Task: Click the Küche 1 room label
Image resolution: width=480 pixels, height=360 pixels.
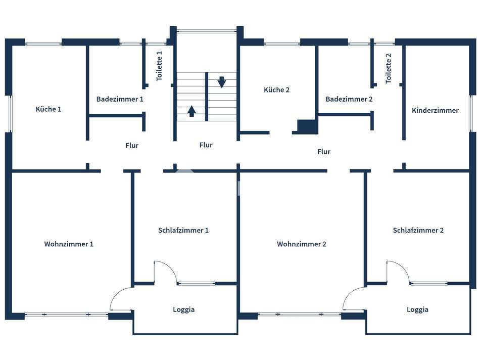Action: [x=49, y=109]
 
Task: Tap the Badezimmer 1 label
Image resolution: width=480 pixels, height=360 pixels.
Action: [x=120, y=99]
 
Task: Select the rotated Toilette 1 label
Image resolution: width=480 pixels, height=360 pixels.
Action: [x=160, y=66]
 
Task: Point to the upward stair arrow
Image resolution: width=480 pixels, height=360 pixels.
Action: [x=192, y=110]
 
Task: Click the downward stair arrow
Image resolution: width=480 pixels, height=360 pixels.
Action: [x=221, y=81]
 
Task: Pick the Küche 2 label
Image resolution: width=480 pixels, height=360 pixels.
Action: [x=276, y=90]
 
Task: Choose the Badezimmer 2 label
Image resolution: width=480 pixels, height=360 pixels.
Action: [x=349, y=100]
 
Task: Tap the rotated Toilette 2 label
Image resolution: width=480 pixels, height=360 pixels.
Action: [x=389, y=68]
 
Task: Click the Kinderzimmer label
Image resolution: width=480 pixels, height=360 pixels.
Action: [x=435, y=110]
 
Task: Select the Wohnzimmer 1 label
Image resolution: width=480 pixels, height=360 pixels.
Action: [x=69, y=244]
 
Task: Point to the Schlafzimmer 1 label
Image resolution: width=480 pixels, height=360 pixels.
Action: [x=183, y=231]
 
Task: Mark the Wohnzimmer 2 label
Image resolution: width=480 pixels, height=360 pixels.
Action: [x=302, y=244]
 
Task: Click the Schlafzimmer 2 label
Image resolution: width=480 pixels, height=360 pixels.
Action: [x=418, y=231]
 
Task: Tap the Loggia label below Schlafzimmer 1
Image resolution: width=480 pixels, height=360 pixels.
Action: [x=183, y=310]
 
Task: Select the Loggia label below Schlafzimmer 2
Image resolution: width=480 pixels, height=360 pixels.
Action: [x=417, y=310]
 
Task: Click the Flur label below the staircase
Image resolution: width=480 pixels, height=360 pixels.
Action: [x=206, y=145]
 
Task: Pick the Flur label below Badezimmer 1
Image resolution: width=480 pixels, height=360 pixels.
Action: [x=132, y=146]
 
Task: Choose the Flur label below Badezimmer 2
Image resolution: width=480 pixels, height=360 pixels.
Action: [x=324, y=152]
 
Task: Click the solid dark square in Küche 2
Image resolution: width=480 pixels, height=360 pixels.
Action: [x=307, y=126]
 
